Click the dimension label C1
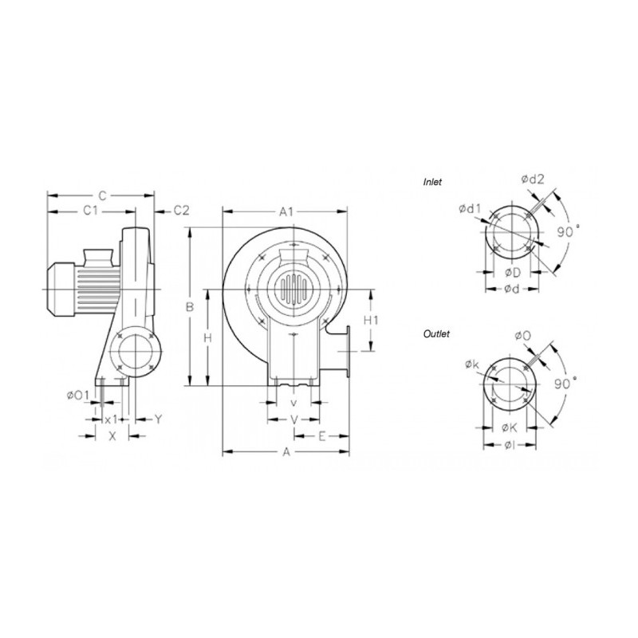(90, 211)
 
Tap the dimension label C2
(182, 211)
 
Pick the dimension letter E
(322, 435)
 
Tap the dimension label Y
(158, 419)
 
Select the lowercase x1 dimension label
(112, 419)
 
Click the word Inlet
(432, 182)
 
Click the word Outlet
(436, 334)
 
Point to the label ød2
(532, 179)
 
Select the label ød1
(470, 209)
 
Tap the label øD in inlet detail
(514, 273)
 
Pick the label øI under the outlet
(511, 444)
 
